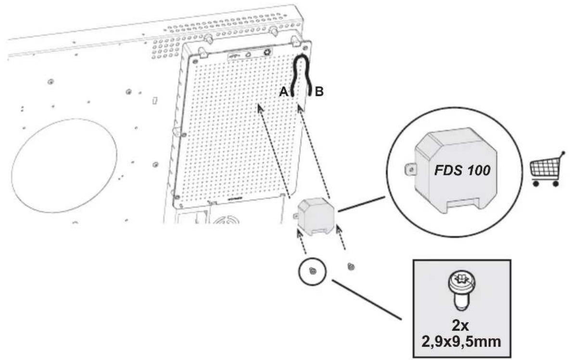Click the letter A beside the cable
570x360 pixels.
[283, 92]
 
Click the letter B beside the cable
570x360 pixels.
[318, 92]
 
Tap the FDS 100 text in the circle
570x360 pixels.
[462, 170]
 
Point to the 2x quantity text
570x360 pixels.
[460, 325]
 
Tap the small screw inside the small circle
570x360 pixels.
[312, 271]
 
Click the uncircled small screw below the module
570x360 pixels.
[351, 267]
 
